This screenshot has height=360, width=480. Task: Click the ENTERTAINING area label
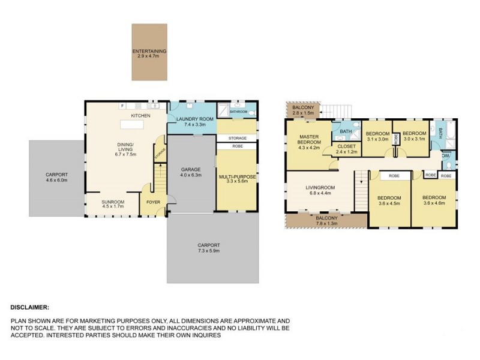(149, 52)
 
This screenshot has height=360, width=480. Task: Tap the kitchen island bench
(135, 125)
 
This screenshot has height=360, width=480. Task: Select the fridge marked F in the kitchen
(122, 106)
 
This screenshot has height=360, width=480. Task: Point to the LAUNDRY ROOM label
(191, 119)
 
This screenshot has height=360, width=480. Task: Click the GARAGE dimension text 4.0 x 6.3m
(191, 175)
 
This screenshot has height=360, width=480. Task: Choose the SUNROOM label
(113, 202)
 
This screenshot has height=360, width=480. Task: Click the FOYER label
(153, 202)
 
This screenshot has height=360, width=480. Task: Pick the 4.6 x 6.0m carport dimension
(57, 180)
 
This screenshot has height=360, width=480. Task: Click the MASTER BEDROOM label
(310, 139)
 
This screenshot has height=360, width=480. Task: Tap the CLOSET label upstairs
(347, 145)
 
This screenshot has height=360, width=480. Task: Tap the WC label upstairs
(445, 155)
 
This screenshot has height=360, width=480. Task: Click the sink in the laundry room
(188, 104)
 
